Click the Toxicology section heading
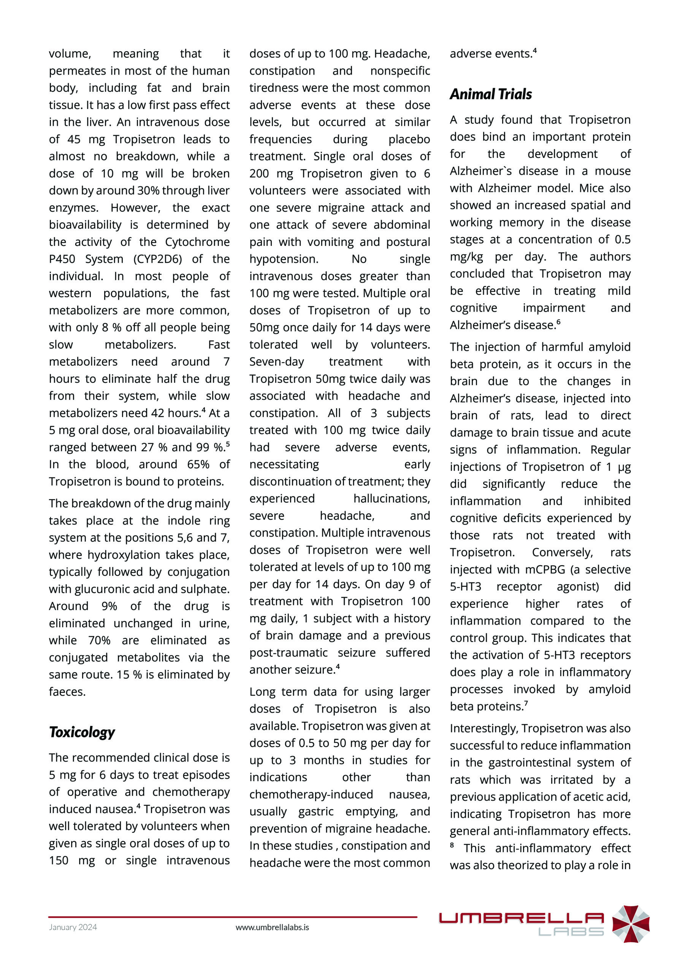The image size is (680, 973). [82, 732]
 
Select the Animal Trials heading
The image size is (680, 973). [491, 94]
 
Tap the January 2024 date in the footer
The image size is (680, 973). [73, 927]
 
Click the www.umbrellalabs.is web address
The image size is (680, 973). [272, 927]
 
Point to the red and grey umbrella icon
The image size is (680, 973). [631, 924]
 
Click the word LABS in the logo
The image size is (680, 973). [571, 932]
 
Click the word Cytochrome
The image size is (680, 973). [197, 242]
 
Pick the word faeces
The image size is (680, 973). [67, 692]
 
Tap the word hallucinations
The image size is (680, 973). [392, 498]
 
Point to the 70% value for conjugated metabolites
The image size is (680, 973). [99, 640]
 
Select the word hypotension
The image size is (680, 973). [284, 259]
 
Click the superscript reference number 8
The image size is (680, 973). [452, 845]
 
